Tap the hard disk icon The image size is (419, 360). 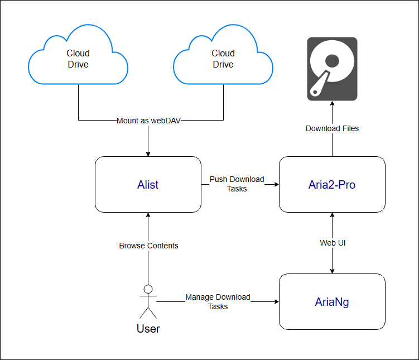coord(332,69)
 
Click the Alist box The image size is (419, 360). coord(148,184)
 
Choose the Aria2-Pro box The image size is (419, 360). coord(332,184)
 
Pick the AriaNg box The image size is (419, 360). coord(332,301)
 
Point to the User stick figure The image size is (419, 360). coord(148,301)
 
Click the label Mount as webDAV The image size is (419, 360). coord(148,121)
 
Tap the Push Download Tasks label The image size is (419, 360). coord(237,184)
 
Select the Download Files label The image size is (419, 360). coord(332,128)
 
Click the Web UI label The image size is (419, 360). coord(332,243)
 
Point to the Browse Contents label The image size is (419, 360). coord(148,246)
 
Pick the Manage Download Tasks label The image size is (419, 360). coord(218,301)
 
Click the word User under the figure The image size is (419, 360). coord(148,329)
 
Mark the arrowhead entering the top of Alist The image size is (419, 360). coord(148,153)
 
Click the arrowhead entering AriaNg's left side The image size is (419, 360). coord(276,301)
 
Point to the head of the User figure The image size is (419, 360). coord(148,289)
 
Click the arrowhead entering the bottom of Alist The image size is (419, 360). coord(148,215)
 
